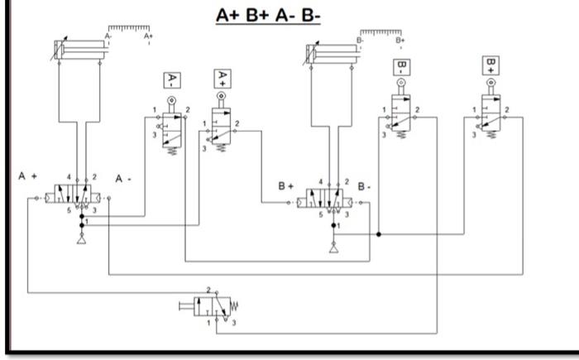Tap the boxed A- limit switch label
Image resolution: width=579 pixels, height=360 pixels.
click(x=172, y=81)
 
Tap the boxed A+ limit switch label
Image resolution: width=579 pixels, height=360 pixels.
click(x=221, y=77)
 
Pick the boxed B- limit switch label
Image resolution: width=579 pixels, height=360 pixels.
click(x=402, y=67)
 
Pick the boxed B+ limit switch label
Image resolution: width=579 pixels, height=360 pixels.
click(x=492, y=65)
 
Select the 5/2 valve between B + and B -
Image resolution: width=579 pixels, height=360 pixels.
click(x=328, y=199)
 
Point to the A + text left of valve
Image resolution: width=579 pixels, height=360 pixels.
click(x=29, y=176)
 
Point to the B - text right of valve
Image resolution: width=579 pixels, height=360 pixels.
click(x=364, y=186)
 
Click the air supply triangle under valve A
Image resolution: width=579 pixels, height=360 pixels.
click(x=81, y=239)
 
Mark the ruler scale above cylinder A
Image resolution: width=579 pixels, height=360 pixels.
click(x=128, y=31)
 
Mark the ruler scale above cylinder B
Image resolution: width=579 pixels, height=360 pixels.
click(x=381, y=32)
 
